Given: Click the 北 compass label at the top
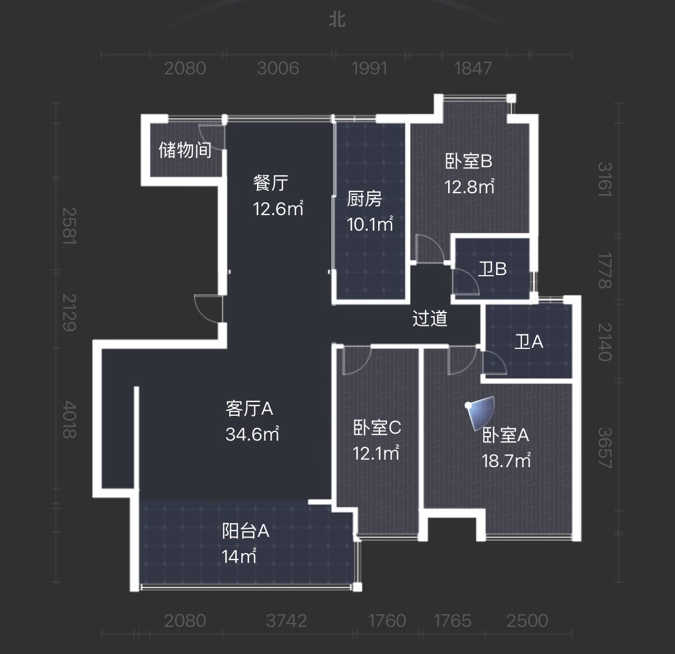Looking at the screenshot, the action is [x=337, y=20].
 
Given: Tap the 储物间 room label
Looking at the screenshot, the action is [x=185, y=150].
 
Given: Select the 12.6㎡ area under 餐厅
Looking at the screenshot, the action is [x=278, y=209].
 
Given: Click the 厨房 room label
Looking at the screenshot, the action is [x=364, y=199].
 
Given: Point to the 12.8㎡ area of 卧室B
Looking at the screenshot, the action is [x=469, y=187].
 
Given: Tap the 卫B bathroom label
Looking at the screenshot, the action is [x=493, y=269].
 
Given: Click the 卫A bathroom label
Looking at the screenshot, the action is [x=529, y=342].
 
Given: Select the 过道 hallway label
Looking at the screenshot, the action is [x=430, y=318].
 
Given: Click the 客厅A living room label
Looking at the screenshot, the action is [x=249, y=408].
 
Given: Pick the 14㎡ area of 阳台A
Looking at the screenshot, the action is [x=240, y=557].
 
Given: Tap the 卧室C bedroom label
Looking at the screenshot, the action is [x=377, y=427].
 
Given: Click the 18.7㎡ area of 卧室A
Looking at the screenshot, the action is [x=506, y=461].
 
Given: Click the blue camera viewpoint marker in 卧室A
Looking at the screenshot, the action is [x=480, y=412].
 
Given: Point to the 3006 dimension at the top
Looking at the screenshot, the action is [x=278, y=69].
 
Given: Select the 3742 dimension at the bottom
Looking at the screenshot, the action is [x=287, y=621].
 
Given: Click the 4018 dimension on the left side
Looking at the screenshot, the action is [x=69, y=420].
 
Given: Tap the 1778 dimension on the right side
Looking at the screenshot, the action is [x=605, y=270].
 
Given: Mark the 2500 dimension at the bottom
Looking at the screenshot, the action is [x=527, y=621].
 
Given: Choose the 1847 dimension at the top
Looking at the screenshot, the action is [x=473, y=69].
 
